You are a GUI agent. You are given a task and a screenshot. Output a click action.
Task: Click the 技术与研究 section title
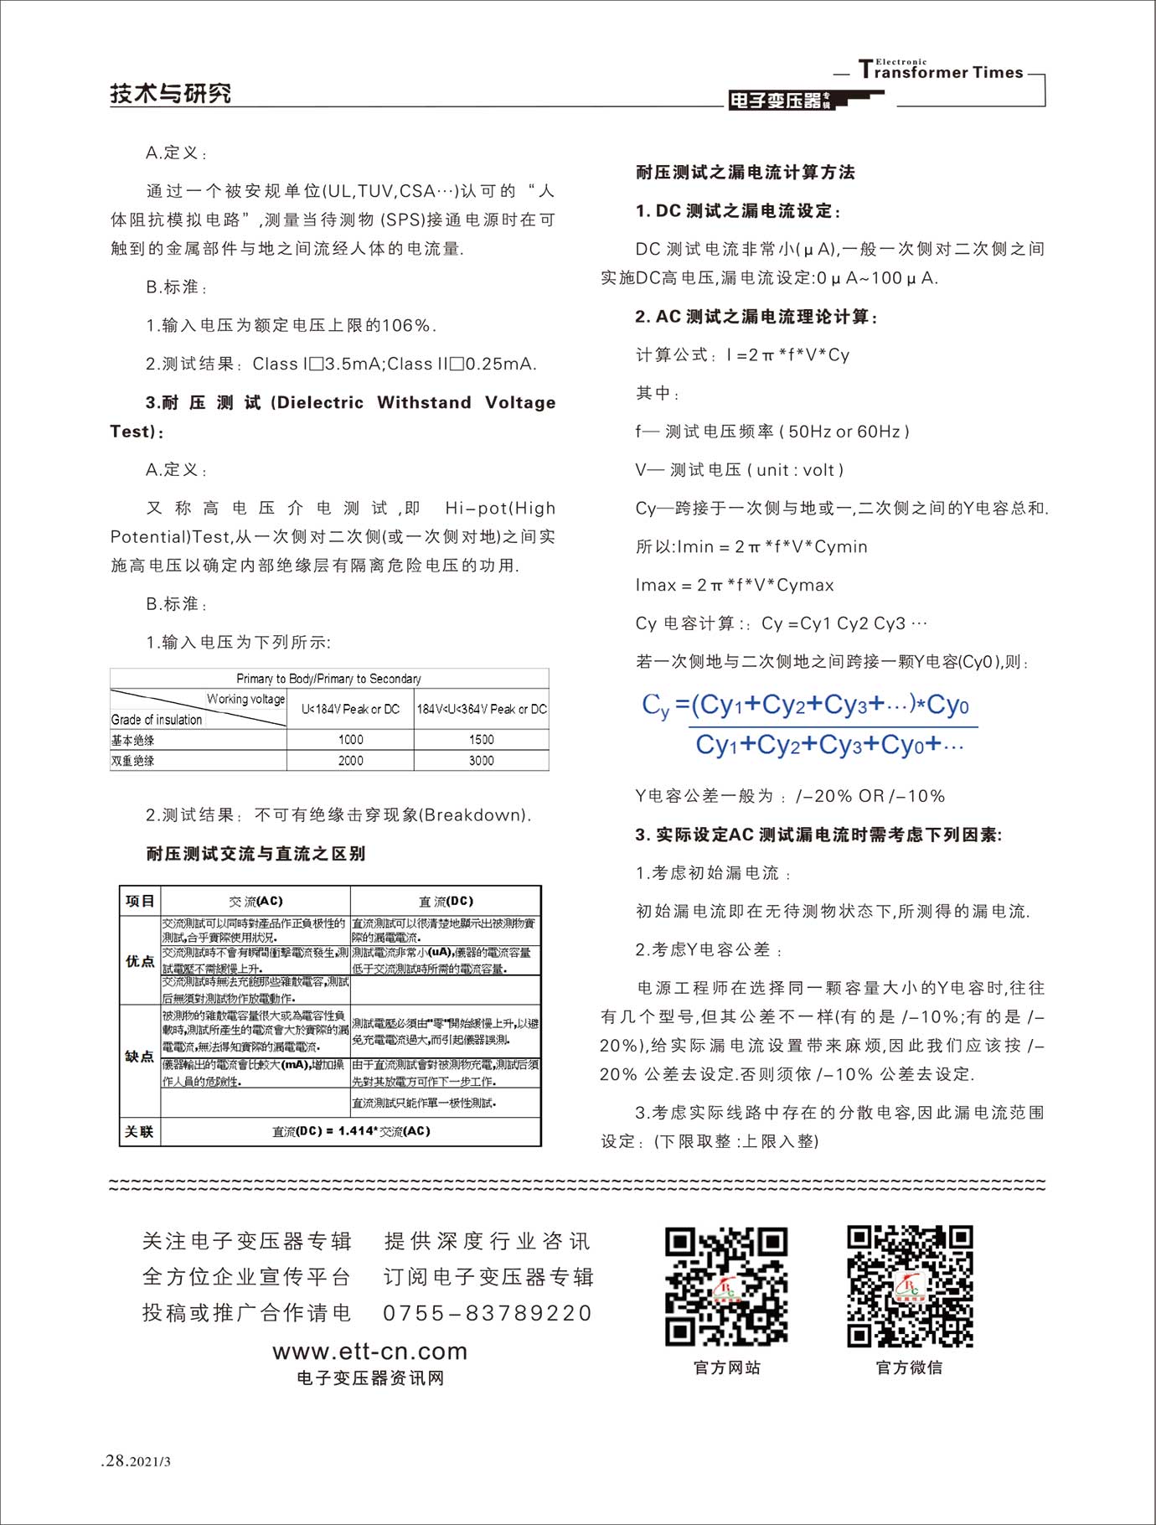[x=170, y=93]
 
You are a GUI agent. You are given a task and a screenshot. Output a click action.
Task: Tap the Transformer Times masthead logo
[x=940, y=71]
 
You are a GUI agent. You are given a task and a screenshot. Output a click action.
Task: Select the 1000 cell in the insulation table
[x=350, y=740]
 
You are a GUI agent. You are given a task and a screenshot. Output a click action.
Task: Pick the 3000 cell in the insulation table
[x=481, y=761]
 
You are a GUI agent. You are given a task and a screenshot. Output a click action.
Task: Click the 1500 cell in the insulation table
[x=481, y=740]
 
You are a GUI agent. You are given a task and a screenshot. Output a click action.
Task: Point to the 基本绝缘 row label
[x=133, y=741]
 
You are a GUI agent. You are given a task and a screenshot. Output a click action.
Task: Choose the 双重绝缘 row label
[x=133, y=761]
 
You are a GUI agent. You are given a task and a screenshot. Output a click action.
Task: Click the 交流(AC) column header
[x=255, y=902]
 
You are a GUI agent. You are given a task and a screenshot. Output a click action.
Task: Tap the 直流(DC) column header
[x=446, y=902]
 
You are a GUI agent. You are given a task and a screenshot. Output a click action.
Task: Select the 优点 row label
[x=140, y=961]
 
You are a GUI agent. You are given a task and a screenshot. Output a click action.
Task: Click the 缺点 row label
[x=140, y=1057]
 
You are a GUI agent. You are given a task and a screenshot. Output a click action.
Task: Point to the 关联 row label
[x=140, y=1132]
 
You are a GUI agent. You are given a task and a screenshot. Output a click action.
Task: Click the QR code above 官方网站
[x=726, y=1286]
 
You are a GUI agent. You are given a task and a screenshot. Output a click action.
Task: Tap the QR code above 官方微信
[x=909, y=1286]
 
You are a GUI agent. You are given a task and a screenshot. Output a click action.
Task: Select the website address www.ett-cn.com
[x=369, y=1352]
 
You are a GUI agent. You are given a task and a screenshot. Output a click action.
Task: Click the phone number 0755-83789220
[x=488, y=1313]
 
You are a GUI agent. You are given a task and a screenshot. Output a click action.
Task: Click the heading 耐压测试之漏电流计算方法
[x=745, y=173]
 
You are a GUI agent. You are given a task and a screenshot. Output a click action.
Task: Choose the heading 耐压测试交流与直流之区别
[x=255, y=854]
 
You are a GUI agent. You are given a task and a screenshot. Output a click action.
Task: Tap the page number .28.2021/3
[x=136, y=1461]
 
